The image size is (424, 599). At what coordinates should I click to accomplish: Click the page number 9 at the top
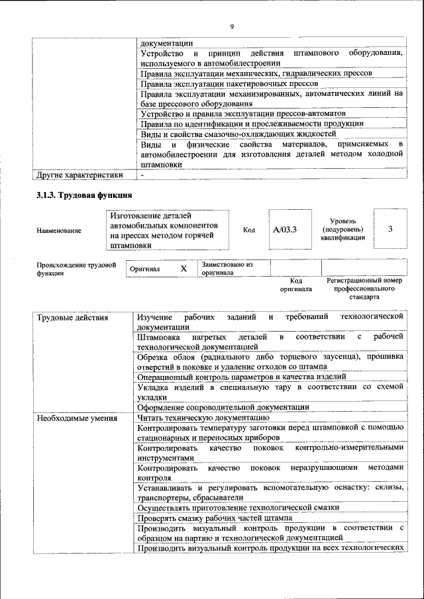pos(231,26)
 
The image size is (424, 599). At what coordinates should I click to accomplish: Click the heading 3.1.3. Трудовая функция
pos(84,195)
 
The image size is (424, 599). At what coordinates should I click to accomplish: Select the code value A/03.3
pos(285,230)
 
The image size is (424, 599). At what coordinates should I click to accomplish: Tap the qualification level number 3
pos(390,229)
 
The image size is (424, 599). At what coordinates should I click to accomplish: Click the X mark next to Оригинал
pos(184,269)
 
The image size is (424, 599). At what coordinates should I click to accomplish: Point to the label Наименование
pos(60,230)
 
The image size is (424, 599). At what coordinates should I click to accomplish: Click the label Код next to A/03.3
pos(249,230)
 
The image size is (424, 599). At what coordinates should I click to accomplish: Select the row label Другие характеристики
pos(79,175)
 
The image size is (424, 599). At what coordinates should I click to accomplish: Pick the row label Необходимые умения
pos(77,418)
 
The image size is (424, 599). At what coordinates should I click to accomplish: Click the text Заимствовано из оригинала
pos(227,268)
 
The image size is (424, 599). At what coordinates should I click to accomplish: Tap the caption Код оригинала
pos(295,285)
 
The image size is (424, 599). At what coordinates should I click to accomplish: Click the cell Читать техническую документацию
pos(203,418)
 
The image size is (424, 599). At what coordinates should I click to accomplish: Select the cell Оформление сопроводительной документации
pos(223,406)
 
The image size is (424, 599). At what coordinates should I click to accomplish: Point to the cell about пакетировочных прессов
pos(229,83)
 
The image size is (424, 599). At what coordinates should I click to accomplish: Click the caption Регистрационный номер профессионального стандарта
pos(364,289)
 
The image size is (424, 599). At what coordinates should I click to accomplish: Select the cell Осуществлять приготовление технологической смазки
pos(238,507)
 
